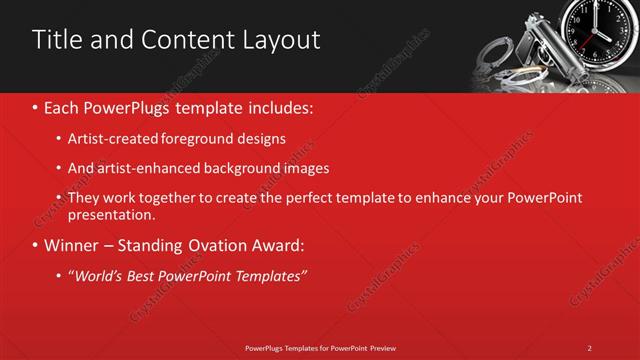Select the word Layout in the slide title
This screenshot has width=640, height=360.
(283, 40)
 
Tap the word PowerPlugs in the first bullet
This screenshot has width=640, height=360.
(127, 106)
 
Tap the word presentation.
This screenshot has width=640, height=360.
(111, 215)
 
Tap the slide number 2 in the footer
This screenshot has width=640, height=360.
(589, 348)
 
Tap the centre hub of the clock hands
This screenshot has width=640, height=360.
(603, 30)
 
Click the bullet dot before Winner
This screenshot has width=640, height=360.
(36, 245)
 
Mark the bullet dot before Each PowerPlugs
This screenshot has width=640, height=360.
(36, 106)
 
